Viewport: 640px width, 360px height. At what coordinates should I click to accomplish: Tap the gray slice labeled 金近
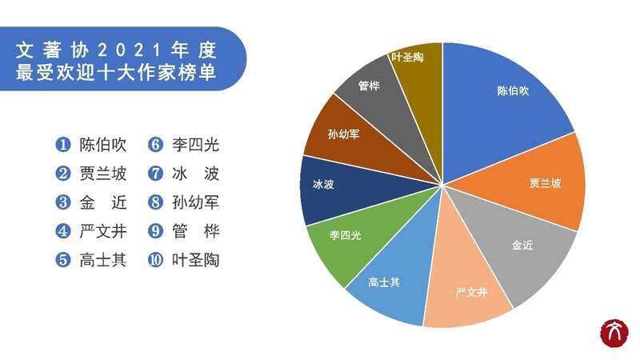tap(518, 245)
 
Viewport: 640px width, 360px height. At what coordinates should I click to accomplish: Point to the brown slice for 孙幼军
tap(351, 138)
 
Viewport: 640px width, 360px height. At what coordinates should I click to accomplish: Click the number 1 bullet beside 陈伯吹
tap(63, 145)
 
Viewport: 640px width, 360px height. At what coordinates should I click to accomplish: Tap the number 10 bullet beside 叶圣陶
tap(155, 259)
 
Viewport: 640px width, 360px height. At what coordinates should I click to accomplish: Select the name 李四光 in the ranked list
tap(195, 145)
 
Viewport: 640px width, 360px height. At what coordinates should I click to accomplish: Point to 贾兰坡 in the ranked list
tap(103, 174)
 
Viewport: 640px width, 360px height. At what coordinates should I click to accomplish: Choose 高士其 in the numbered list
tap(103, 259)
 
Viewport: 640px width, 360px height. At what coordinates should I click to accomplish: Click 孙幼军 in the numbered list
tap(195, 202)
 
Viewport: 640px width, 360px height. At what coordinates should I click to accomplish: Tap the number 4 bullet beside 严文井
tap(63, 231)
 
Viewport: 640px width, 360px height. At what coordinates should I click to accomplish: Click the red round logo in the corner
tap(614, 333)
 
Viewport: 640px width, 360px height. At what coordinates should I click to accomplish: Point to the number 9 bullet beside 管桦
tap(155, 231)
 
